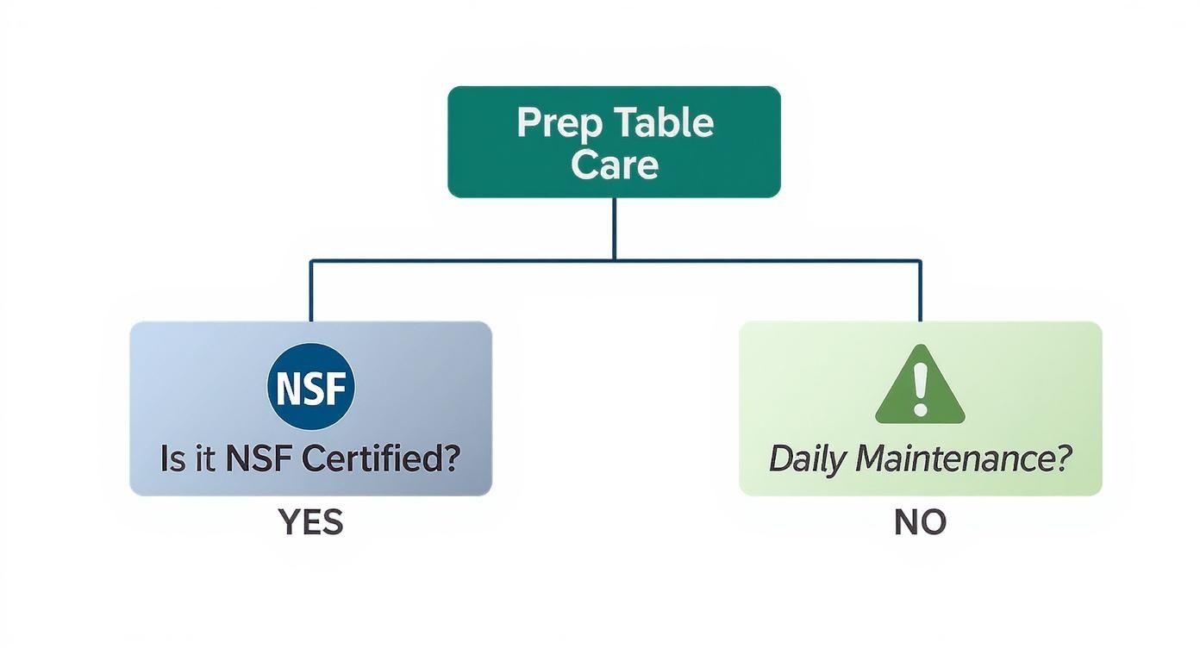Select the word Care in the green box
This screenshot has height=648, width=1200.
[x=614, y=164]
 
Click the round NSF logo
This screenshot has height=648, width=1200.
[x=311, y=387]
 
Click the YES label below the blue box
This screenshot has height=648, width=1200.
[x=311, y=522]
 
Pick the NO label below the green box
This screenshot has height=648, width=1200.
[x=920, y=522]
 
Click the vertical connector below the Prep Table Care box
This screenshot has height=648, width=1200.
[x=614, y=228]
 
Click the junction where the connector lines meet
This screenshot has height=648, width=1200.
[x=614, y=259]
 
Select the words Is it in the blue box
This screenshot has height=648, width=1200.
[x=189, y=458]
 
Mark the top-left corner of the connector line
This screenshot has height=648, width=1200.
[x=311, y=259]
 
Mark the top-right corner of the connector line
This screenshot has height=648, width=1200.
[x=920, y=259]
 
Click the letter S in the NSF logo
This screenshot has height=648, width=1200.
[x=311, y=388]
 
